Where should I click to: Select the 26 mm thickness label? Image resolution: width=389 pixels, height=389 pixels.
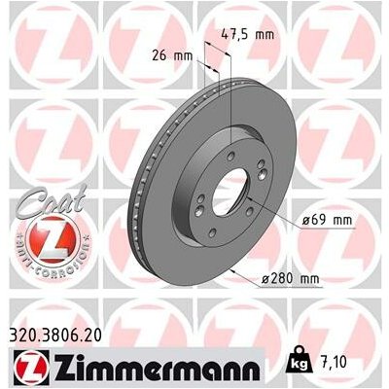click(170, 55)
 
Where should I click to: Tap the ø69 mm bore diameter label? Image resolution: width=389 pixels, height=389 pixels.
click(324, 221)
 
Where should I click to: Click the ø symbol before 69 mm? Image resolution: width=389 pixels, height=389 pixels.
click(305, 221)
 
